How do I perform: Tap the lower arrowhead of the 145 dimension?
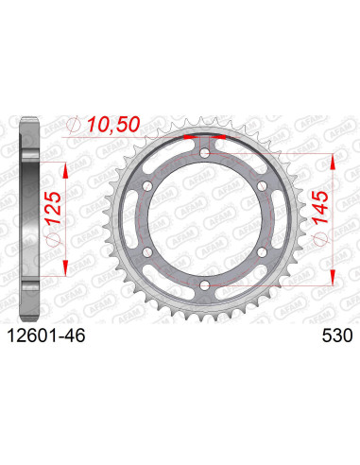tap(333, 280)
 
